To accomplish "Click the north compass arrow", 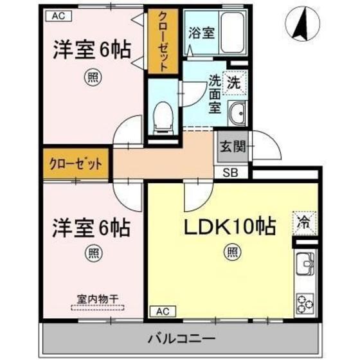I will pos(299,24).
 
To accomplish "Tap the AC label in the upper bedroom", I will pos(58,15).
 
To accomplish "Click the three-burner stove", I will pos(304,303).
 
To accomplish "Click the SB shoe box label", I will pos(230,172).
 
